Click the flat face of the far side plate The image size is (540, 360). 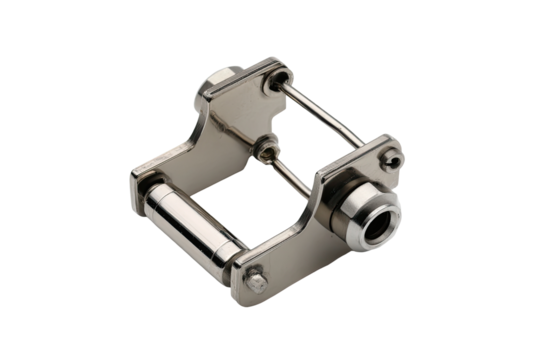coord(225,130)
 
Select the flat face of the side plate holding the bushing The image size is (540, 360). coord(300,230)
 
